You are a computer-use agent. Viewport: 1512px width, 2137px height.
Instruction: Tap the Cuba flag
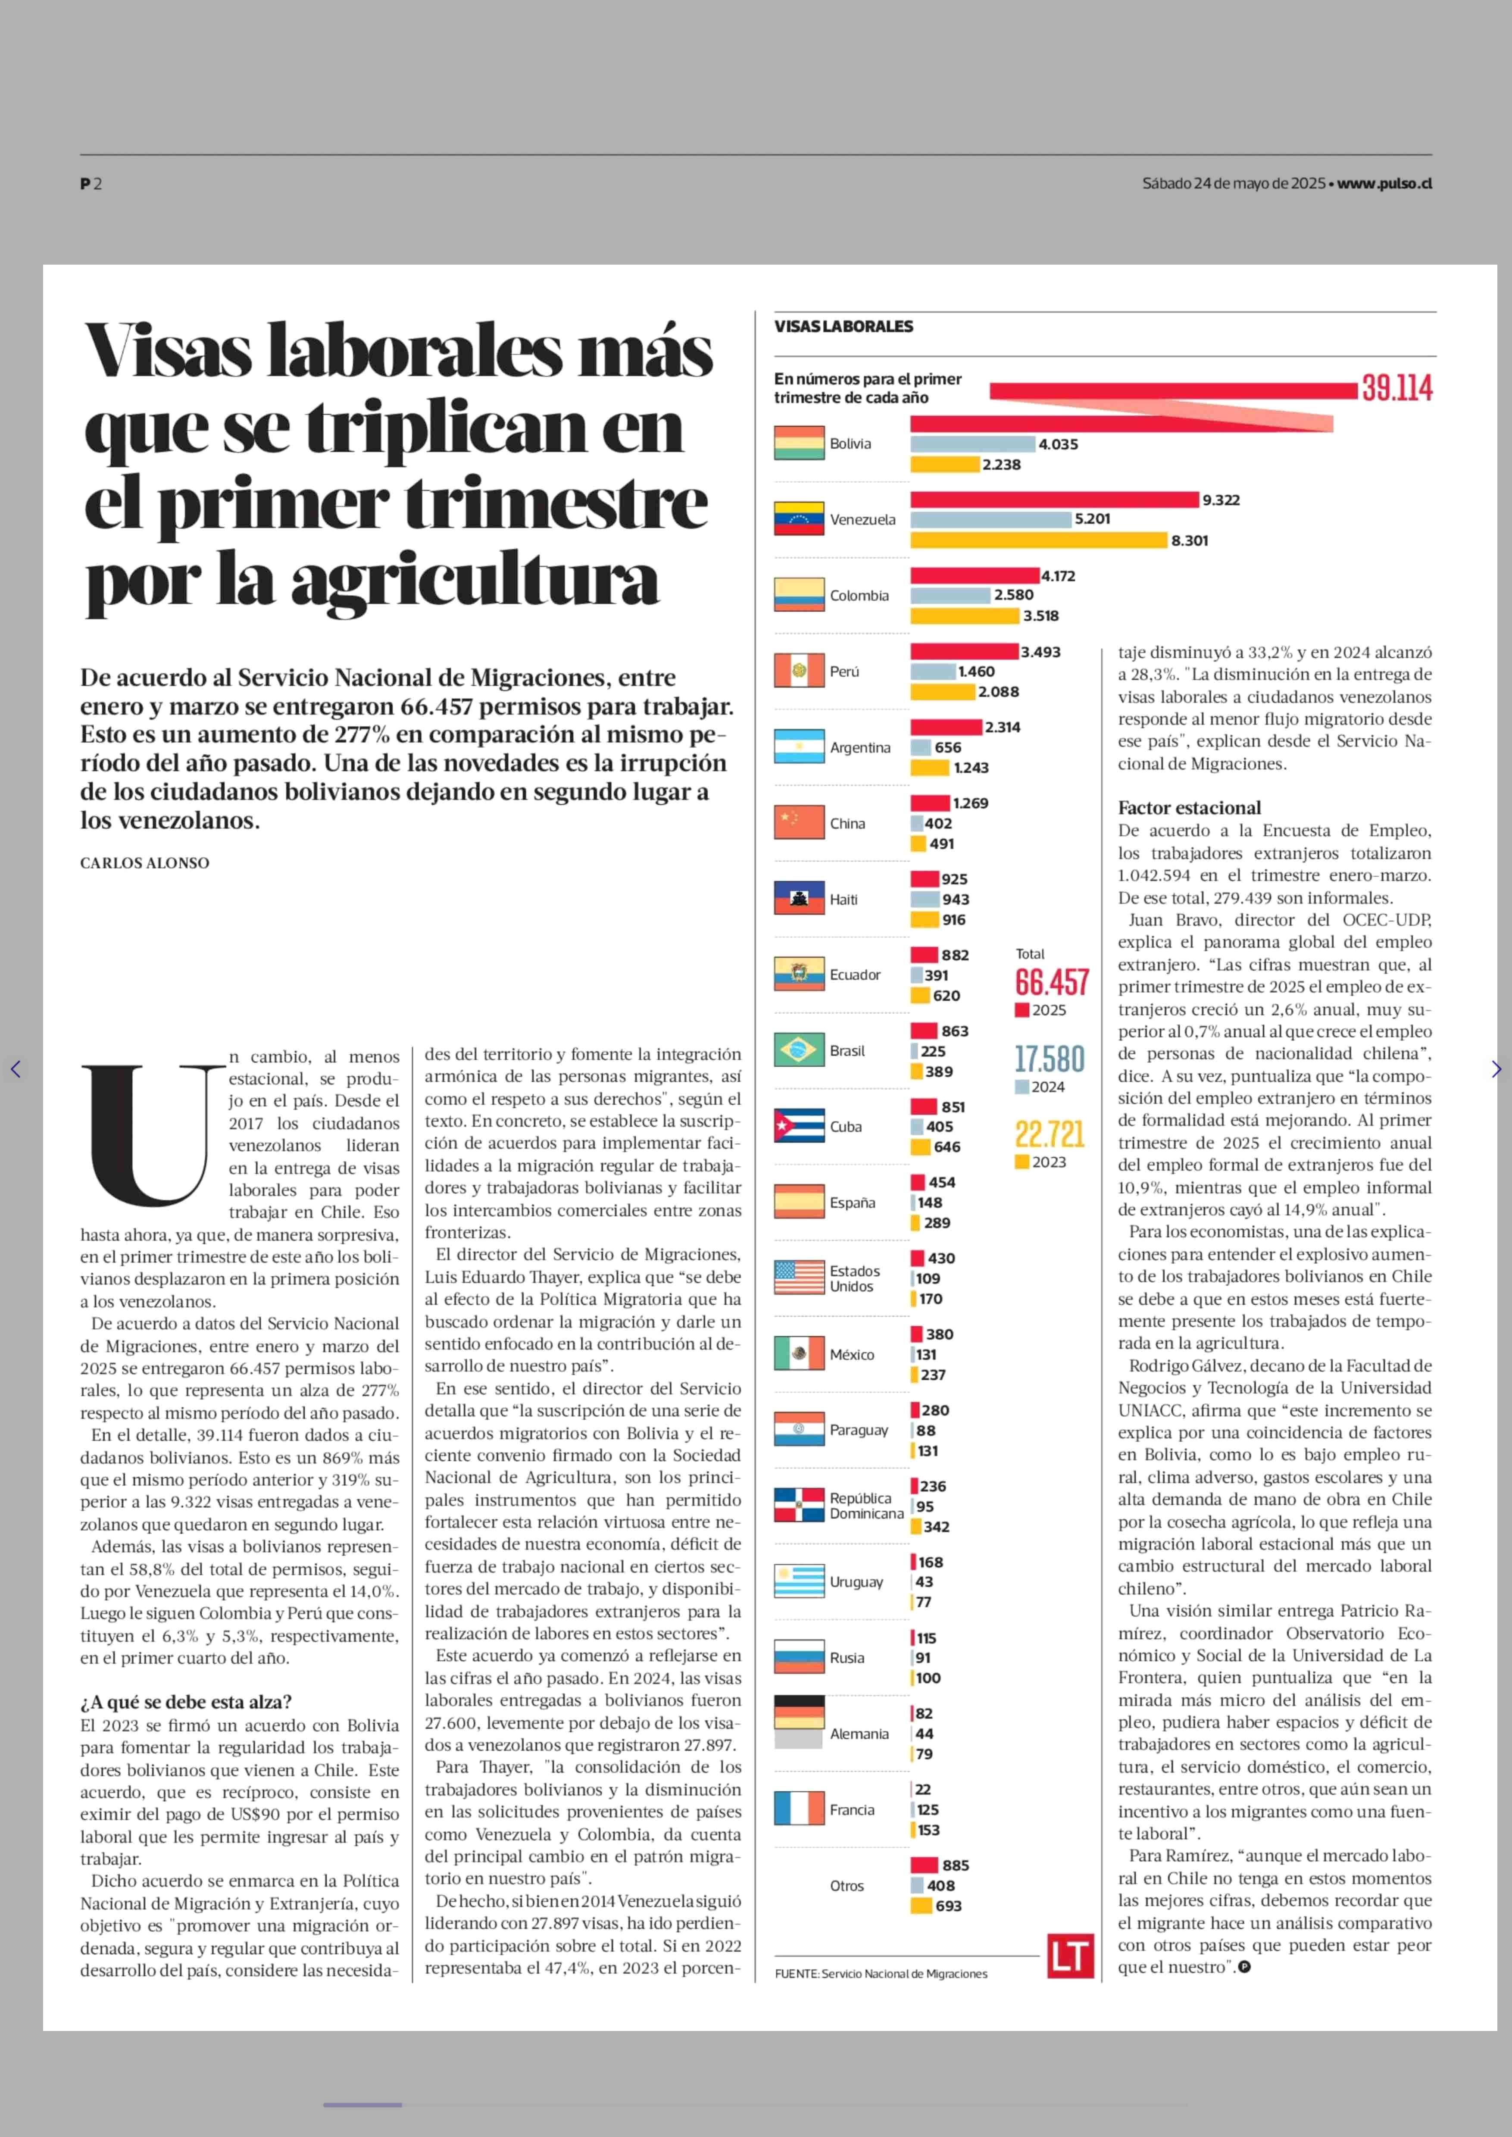coord(799,1126)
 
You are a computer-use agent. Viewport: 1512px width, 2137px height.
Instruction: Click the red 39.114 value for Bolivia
coord(1396,388)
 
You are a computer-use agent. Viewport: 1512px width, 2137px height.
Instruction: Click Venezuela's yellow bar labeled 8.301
coord(1038,540)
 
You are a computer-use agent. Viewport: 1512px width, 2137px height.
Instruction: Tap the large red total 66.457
coord(1051,982)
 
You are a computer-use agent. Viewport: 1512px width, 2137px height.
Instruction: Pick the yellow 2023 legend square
coord(1022,1162)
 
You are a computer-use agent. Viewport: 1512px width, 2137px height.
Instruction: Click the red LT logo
coord(1070,1956)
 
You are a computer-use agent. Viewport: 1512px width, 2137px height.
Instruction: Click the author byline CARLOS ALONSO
coord(144,863)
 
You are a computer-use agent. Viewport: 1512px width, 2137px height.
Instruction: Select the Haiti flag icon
coord(799,899)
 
